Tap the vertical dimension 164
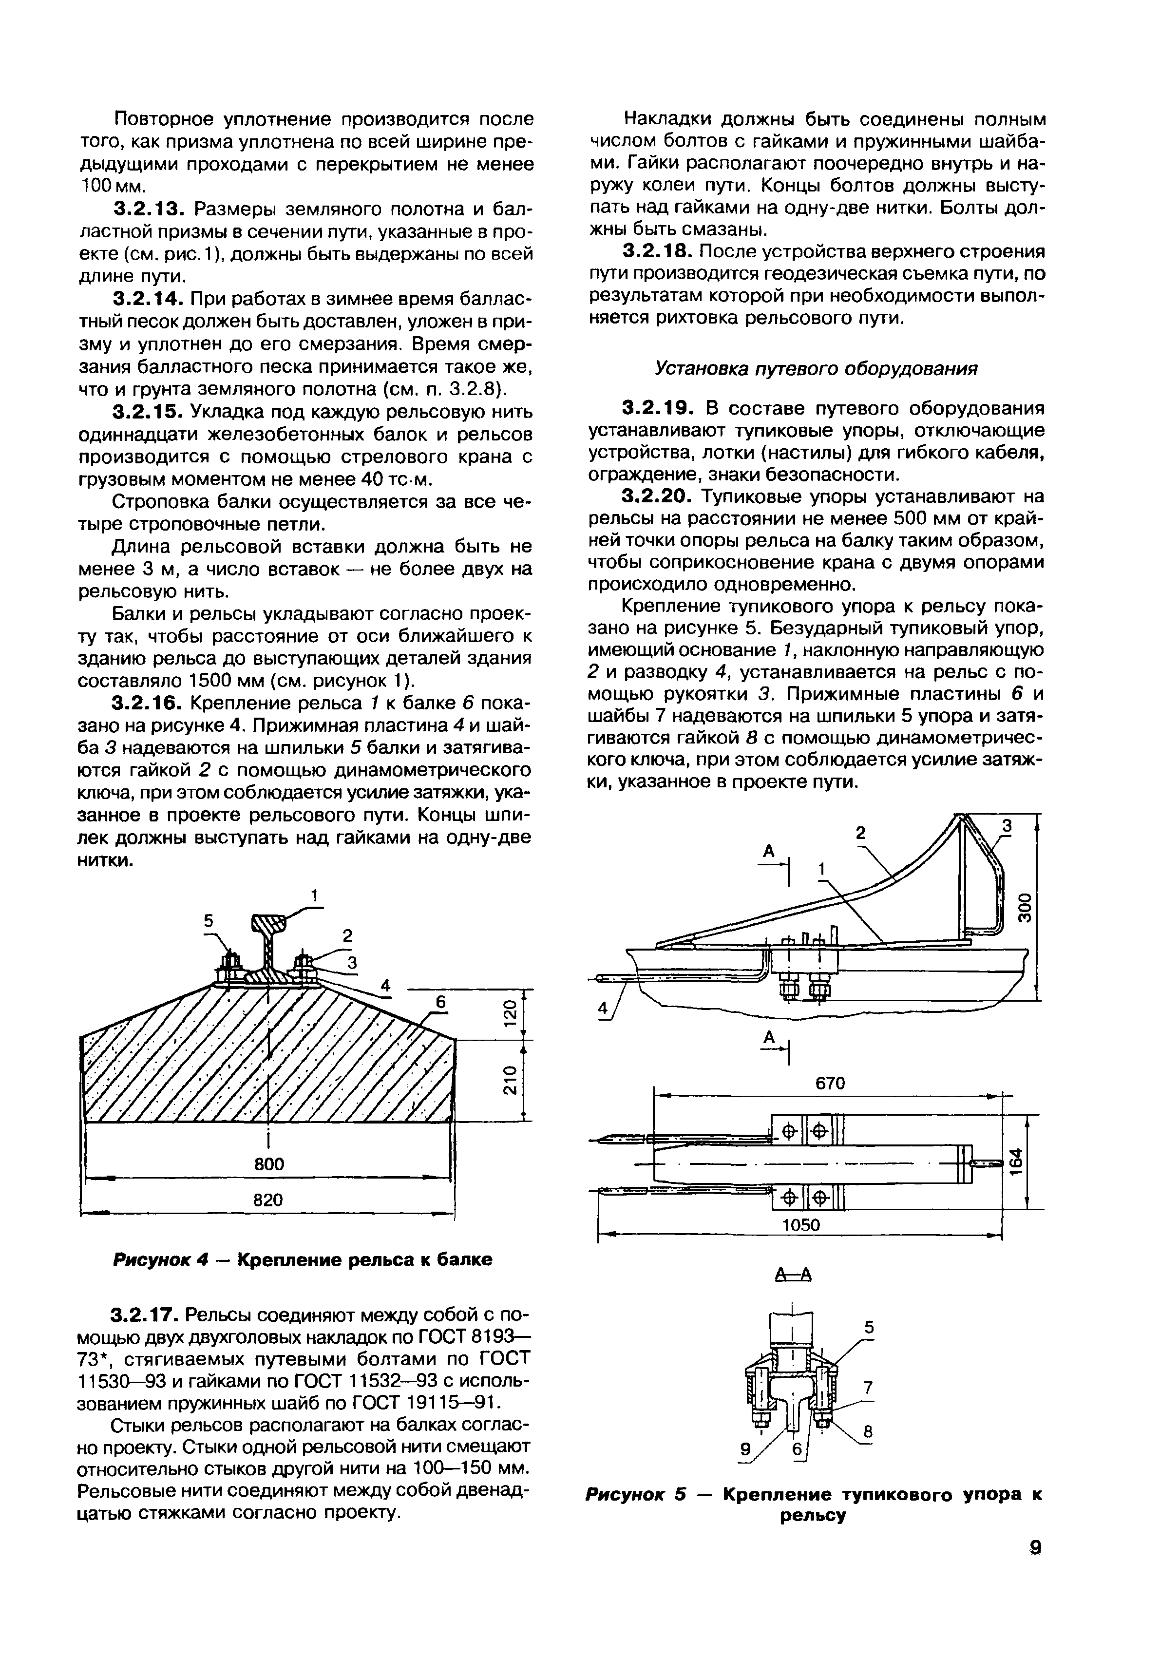(x=1016, y=1162)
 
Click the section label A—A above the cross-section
(x=793, y=1275)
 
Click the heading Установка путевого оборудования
(x=816, y=369)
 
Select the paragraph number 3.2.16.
(x=147, y=703)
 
